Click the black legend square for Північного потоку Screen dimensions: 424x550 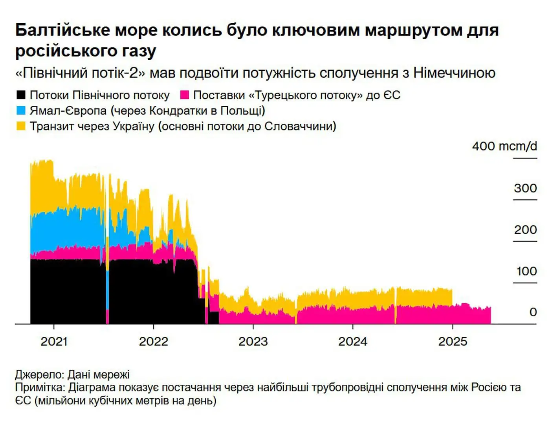click(21, 95)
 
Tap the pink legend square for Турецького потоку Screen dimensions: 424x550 click(184, 95)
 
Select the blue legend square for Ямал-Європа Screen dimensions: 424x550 click(21, 110)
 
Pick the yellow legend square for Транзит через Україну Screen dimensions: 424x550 click(21, 126)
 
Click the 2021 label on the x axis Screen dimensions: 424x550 click(54, 341)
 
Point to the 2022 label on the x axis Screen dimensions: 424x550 click(153, 341)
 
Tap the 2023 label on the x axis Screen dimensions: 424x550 click(253, 341)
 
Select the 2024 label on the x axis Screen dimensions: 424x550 click(352, 341)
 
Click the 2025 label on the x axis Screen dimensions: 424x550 click(453, 341)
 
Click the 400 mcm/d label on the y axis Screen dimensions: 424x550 click(504, 146)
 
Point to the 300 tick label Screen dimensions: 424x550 click(525, 188)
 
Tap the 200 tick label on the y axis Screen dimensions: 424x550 click(525, 229)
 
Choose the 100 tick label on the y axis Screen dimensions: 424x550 click(526, 271)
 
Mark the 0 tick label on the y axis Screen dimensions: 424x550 click(533, 312)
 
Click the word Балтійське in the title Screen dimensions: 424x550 click(62, 30)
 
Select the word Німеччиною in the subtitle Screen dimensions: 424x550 click(454, 73)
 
